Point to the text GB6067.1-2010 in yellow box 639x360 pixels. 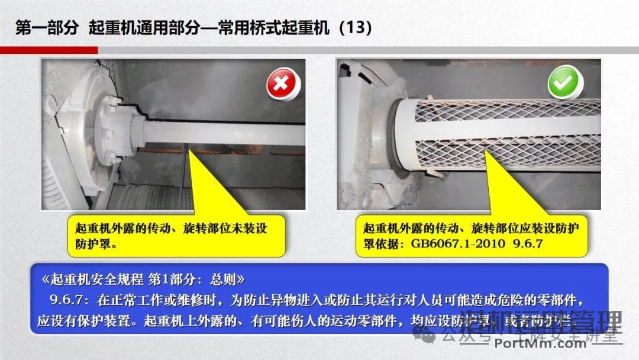453,243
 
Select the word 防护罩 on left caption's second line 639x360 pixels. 89,243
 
